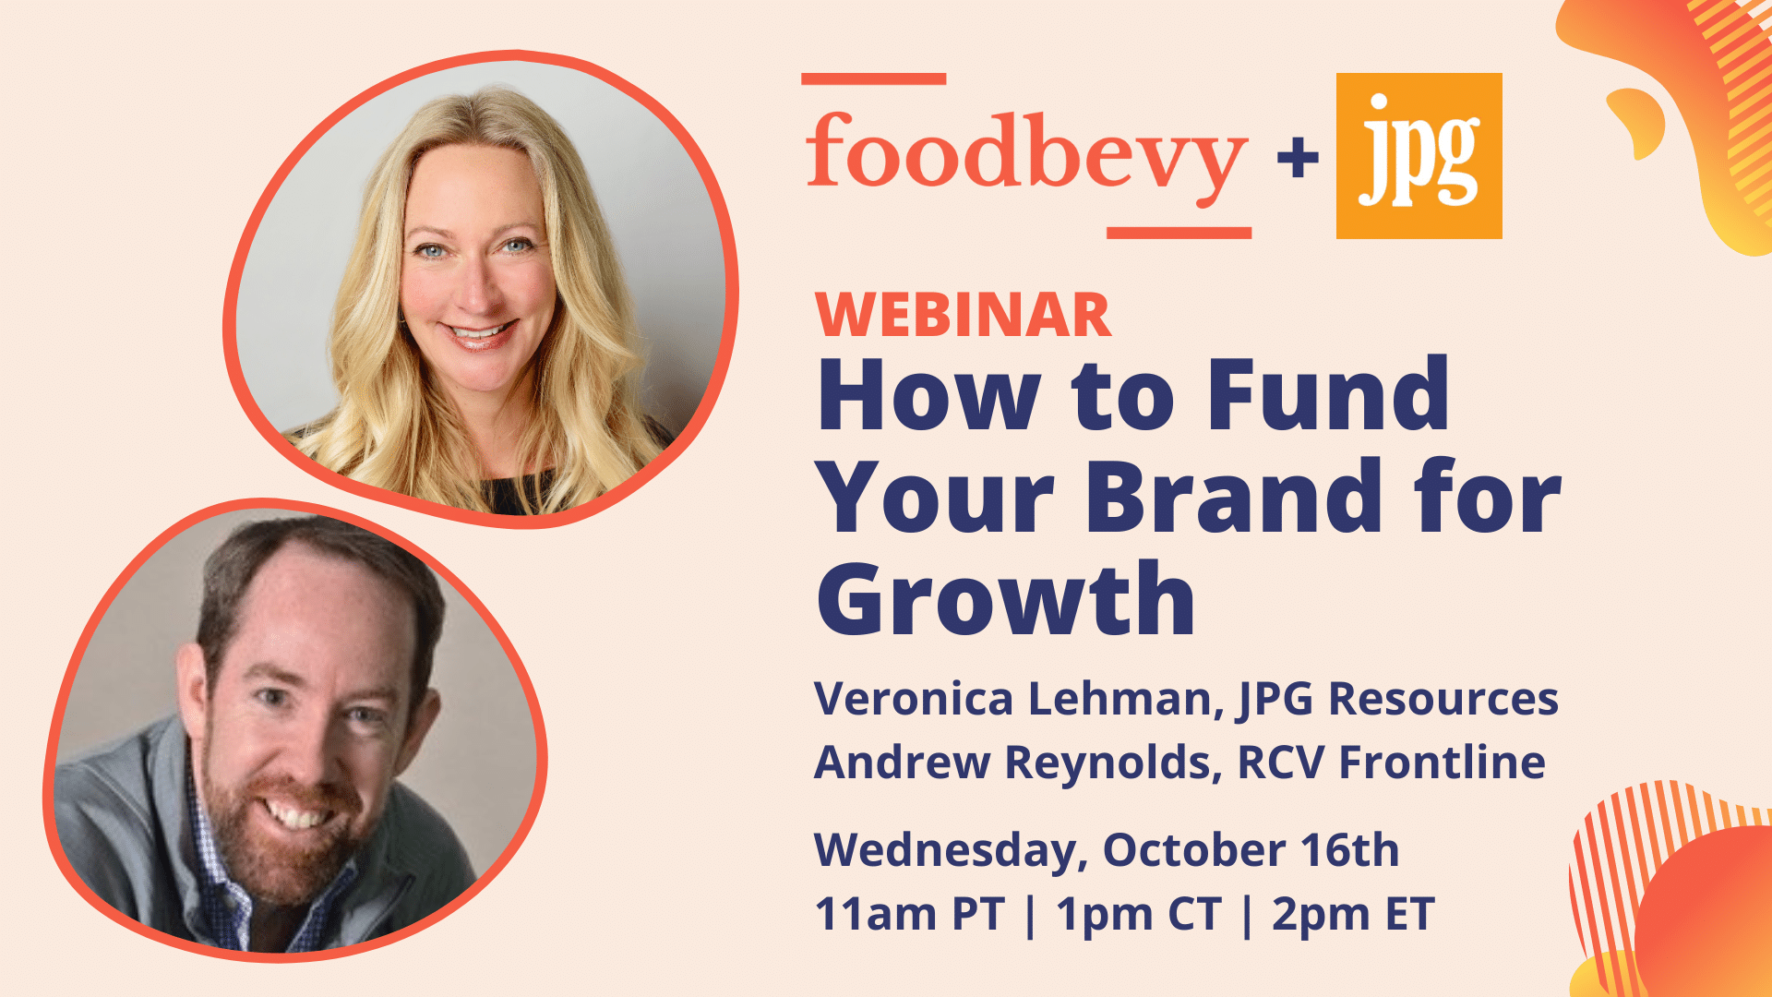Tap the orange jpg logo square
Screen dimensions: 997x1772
pyautogui.click(x=1419, y=155)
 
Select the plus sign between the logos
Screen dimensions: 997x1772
pyautogui.click(x=1298, y=157)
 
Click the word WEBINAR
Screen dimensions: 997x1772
pyautogui.click(x=964, y=316)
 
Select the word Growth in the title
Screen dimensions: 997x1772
pyautogui.click(x=1006, y=600)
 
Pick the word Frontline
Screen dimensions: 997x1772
pyautogui.click(x=1442, y=763)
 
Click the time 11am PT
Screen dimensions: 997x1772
pyautogui.click(x=909, y=914)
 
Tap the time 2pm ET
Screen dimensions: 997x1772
pyautogui.click(x=1353, y=914)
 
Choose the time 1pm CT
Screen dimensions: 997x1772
pyautogui.click(x=1138, y=914)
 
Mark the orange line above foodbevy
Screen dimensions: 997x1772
pyautogui.click(x=873, y=79)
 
